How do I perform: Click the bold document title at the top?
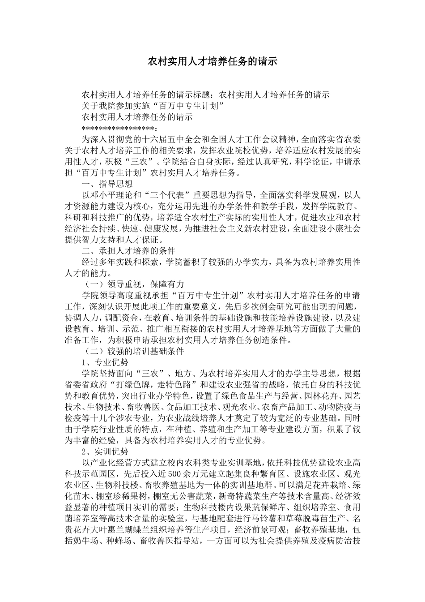click(x=212, y=61)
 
